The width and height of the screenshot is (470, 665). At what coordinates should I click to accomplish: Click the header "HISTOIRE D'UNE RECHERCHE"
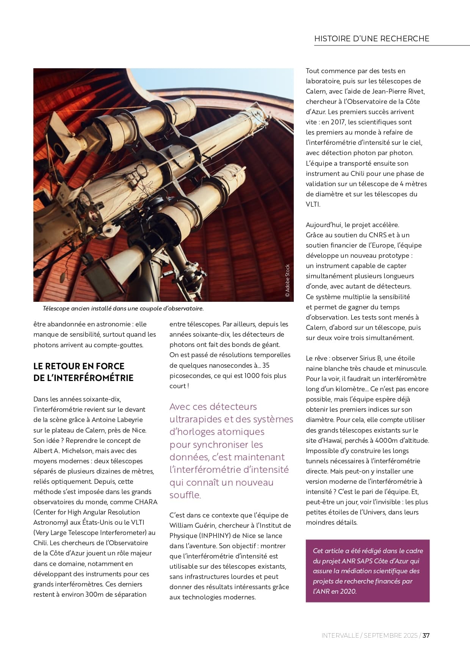pos(371,39)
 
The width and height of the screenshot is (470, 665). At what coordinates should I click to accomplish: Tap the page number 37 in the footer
pos(426,635)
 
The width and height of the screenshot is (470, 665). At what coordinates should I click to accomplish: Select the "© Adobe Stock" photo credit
pos(287,281)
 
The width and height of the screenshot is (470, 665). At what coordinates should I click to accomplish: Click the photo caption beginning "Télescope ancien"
pos(123,309)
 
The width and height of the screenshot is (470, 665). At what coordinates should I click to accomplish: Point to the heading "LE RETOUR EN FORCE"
pos(79,366)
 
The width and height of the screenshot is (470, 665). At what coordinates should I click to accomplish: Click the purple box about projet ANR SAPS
pos(367,571)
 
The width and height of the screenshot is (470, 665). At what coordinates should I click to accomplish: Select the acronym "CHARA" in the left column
pos(146,502)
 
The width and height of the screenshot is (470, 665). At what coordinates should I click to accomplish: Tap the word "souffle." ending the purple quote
pos(185,495)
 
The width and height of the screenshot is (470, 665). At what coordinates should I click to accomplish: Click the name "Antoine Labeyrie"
pos(117,420)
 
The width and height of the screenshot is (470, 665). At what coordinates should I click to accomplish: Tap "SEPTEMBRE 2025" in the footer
pos(390,635)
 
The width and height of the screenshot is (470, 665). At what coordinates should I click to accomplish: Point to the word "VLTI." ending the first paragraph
pos(313,204)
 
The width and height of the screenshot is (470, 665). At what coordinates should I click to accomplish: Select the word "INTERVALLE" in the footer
pos(340,635)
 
